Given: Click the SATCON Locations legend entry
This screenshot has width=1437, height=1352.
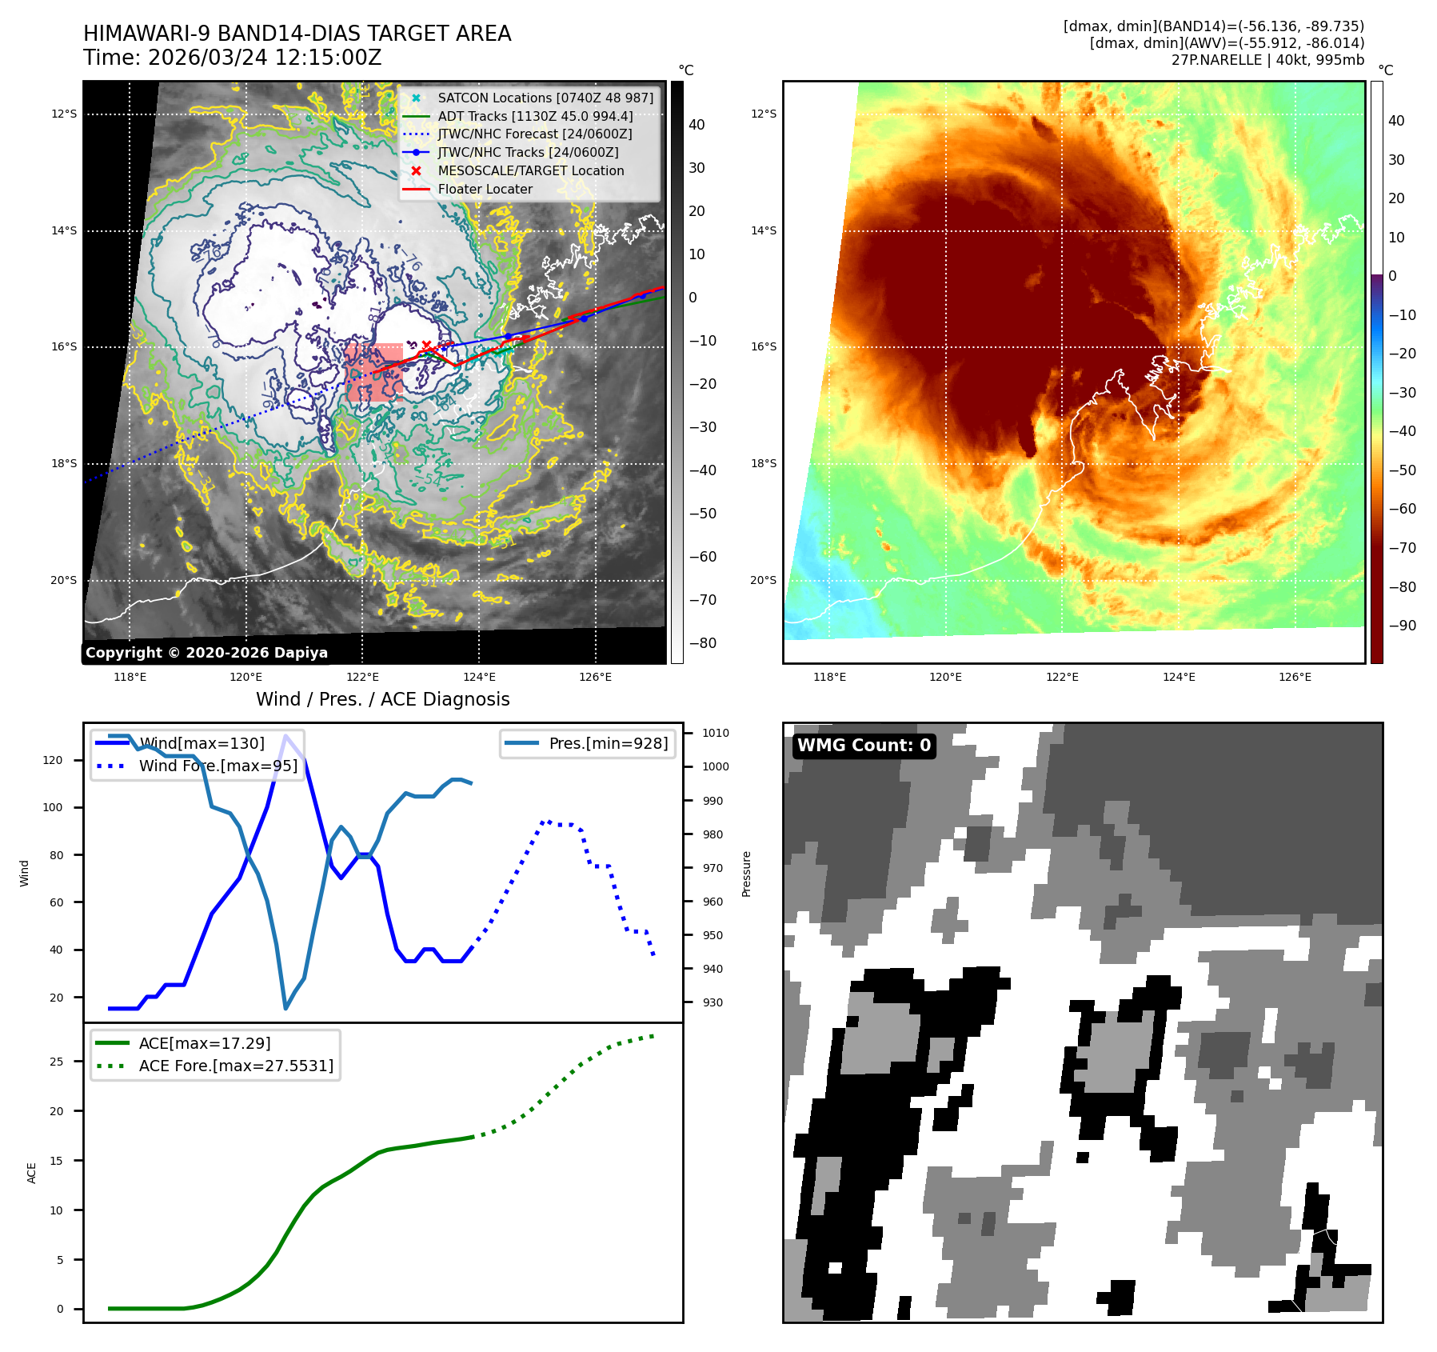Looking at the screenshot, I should pyautogui.click(x=545, y=98).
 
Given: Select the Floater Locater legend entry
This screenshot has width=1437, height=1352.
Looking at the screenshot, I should pyautogui.click(x=485, y=189).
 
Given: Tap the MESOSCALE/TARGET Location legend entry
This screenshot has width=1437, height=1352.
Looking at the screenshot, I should pyautogui.click(x=530, y=170).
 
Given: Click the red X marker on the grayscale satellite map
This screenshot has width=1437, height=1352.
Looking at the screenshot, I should pyautogui.click(x=426, y=346).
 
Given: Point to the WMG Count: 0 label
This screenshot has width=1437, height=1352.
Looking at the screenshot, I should pyautogui.click(x=864, y=746).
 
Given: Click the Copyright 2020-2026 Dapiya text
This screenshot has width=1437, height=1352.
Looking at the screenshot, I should pyautogui.click(x=206, y=653).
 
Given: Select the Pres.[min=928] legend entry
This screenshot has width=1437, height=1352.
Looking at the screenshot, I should pyautogui.click(x=608, y=743).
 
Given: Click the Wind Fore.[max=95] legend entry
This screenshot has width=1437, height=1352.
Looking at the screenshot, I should pyautogui.click(x=218, y=766).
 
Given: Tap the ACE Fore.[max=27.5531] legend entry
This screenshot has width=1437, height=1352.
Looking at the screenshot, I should pyautogui.click(x=236, y=1066).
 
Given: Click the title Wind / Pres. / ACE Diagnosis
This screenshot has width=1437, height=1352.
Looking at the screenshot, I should pyautogui.click(x=382, y=699).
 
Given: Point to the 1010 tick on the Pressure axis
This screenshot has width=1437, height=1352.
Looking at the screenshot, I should pyautogui.click(x=715, y=733).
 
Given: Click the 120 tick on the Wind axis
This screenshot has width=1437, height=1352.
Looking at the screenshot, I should pyautogui.click(x=53, y=760).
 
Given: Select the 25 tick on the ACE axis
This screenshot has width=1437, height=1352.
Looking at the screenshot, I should pyautogui.click(x=56, y=1062).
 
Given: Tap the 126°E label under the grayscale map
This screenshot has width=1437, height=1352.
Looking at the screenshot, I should pyautogui.click(x=595, y=677).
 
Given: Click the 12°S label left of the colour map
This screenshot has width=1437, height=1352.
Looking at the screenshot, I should pyautogui.click(x=763, y=114).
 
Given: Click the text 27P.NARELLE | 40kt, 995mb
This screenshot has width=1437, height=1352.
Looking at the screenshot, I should pyautogui.click(x=1267, y=60).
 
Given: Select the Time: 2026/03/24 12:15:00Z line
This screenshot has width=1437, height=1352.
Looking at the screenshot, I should pyautogui.click(x=233, y=58).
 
